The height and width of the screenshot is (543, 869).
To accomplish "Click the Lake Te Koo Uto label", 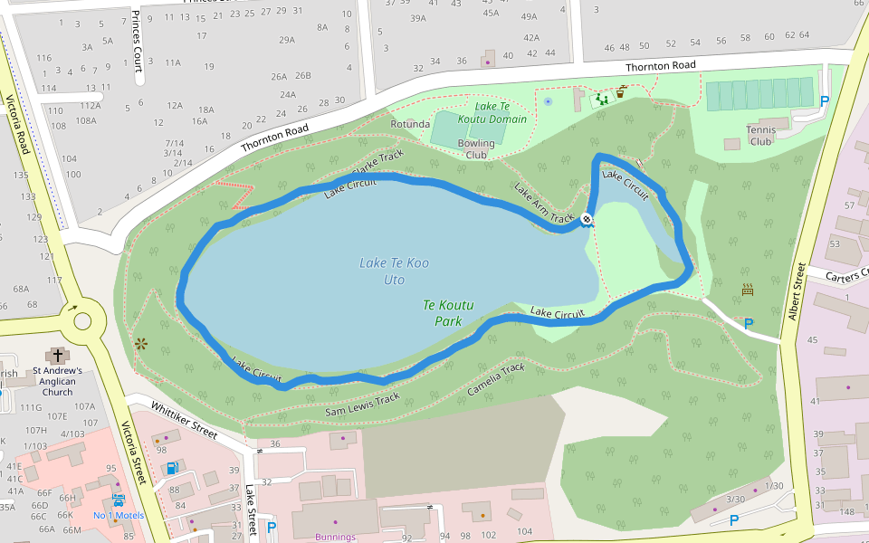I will pos(395,271).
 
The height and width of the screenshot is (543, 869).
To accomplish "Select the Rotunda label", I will pos(409,124).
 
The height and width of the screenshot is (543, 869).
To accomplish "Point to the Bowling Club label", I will pos(476,148).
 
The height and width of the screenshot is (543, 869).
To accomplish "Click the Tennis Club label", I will pos(761,135).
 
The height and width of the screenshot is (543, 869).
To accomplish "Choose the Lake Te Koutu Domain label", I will pos(492,112).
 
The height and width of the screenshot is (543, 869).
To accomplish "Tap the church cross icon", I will pos(59,355).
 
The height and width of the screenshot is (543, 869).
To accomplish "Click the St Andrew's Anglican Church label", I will pos(58,381).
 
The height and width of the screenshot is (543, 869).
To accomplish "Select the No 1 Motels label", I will pos(119,516).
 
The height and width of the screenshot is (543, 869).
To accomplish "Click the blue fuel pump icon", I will pos(171,468).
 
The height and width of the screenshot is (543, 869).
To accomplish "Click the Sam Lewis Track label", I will pos(362,405).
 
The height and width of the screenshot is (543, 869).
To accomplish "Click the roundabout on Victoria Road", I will pos(83,320).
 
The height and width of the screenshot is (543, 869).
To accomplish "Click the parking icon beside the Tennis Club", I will pos(824,101).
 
